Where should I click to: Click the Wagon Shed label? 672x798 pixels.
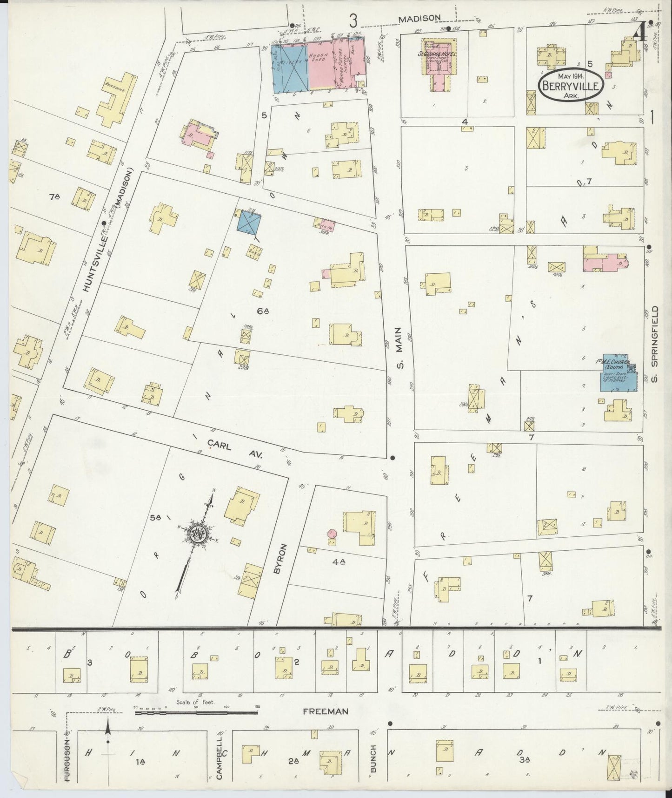[320, 55]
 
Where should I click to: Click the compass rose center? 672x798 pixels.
[198, 533]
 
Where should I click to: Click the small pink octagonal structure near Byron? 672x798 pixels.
[332, 534]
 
